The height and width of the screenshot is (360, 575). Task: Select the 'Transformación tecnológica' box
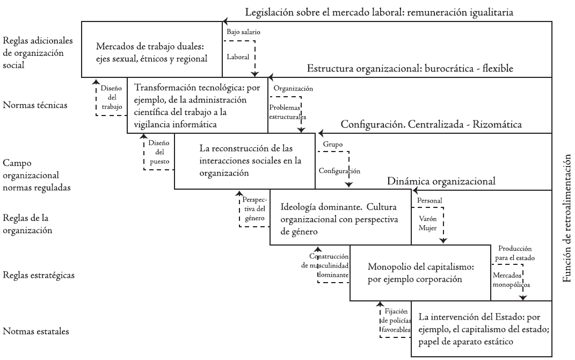pyautogui.click(x=197, y=105)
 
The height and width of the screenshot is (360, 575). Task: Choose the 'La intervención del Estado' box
pyautogui.click(x=481, y=328)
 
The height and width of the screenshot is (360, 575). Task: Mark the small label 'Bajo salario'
pyautogui.click(x=244, y=32)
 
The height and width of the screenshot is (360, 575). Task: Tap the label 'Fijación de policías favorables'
pyautogui.click(x=395, y=320)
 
